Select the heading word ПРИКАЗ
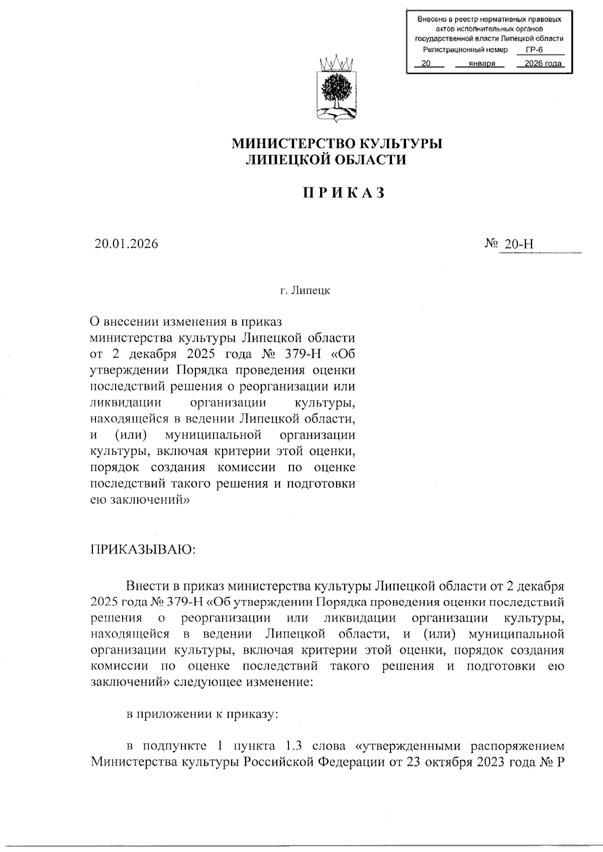coord(344,193)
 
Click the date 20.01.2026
coord(126,244)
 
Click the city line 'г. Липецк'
coord(305,291)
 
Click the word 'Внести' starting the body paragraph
coord(146,586)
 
